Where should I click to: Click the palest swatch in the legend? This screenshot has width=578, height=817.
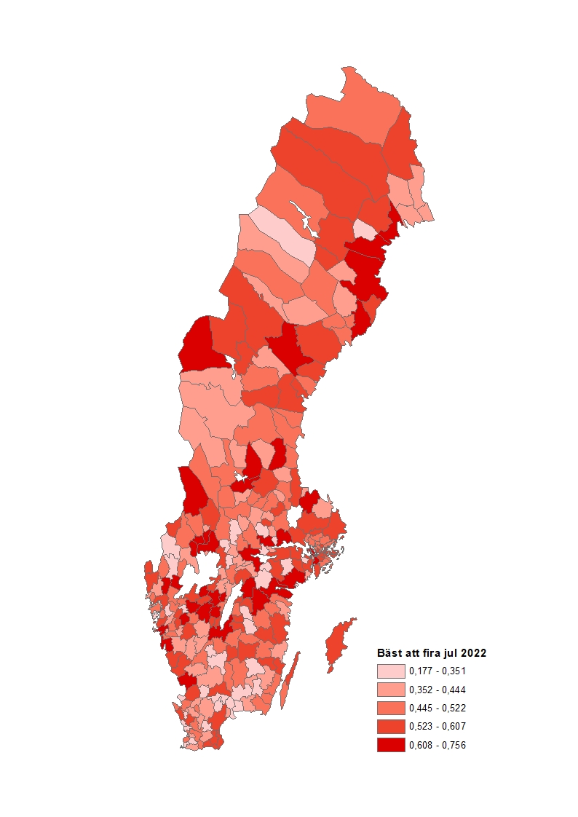[x=390, y=671]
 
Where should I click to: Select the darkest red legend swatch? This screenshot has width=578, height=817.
[x=390, y=745]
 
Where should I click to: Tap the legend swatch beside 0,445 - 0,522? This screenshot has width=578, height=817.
[x=390, y=708]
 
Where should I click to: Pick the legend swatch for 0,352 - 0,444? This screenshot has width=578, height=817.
[x=390, y=690]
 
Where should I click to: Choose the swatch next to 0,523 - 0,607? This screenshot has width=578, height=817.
[x=390, y=727]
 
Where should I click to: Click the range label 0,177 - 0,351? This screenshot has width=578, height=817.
[x=438, y=671]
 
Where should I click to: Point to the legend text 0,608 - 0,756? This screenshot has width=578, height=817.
[x=438, y=745]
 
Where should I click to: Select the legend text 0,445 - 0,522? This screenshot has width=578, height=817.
[x=438, y=708]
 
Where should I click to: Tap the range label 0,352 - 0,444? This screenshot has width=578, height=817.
[x=438, y=690]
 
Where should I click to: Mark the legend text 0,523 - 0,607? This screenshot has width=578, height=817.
[x=438, y=727]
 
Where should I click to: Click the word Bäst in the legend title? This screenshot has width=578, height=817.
[x=388, y=653]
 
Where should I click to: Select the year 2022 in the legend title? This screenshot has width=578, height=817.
[x=472, y=653]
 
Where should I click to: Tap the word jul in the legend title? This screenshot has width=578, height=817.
[x=449, y=653]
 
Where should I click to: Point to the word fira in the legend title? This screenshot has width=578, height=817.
[x=429, y=653]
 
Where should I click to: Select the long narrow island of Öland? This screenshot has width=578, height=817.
[x=289, y=681]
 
